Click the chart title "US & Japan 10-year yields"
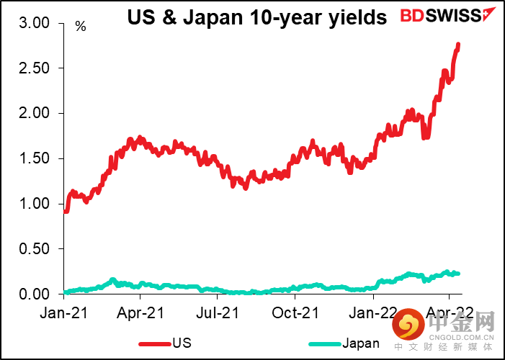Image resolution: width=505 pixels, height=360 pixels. pos(257,17)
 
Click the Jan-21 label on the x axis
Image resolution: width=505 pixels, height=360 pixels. pos(63,313)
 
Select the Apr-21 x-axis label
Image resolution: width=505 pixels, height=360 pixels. pos(140,313)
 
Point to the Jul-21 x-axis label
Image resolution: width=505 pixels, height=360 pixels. pos(218,313)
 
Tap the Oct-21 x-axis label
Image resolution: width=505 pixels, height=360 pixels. pos(295,313)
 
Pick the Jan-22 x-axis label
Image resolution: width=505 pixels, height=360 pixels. pos(372,313)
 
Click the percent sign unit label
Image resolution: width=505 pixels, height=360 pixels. pos(80,27)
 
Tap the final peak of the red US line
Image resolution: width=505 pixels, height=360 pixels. pos(459,45)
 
